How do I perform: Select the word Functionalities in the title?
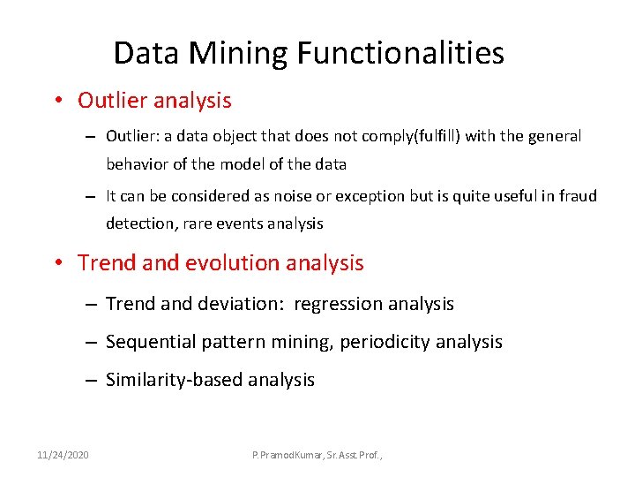[400, 53]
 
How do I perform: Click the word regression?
[337, 305]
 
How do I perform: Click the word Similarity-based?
[174, 381]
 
